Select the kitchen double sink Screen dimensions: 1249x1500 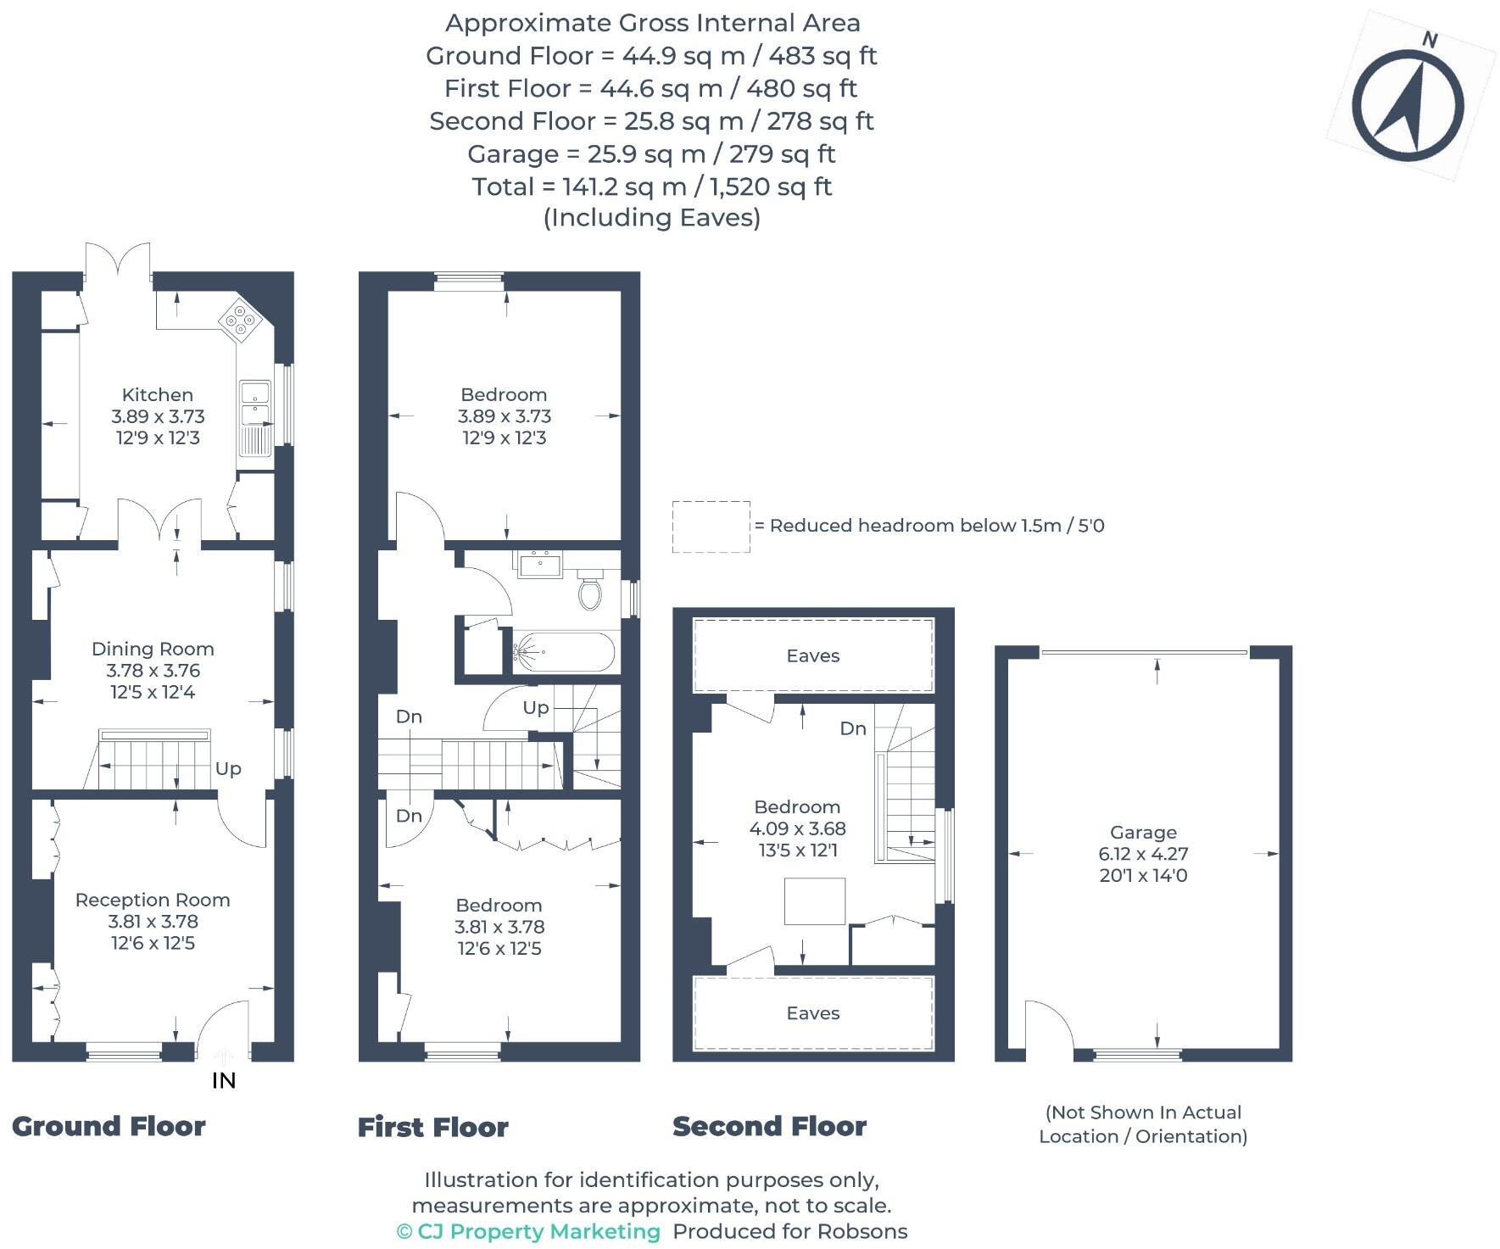click(254, 404)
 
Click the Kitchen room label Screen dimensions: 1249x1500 click(158, 394)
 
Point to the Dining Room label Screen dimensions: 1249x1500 click(153, 649)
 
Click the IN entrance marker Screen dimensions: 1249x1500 click(224, 1080)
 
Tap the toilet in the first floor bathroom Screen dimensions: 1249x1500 click(591, 590)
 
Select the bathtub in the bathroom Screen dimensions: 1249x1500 click(563, 652)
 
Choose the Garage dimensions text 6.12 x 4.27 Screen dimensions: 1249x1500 click(1143, 854)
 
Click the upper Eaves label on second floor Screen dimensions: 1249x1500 click(812, 655)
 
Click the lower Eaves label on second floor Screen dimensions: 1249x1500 click(812, 1013)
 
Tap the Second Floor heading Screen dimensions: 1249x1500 click(769, 1126)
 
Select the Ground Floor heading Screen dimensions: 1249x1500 click(109, 1126)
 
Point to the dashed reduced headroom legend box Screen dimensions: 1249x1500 click(711, 527)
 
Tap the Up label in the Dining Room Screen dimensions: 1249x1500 click(228, 768)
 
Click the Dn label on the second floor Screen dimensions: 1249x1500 click(853, 728)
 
